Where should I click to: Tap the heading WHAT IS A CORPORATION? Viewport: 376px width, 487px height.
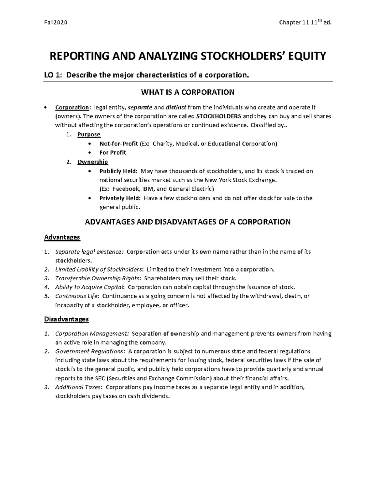188,92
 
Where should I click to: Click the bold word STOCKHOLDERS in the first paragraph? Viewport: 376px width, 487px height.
219,116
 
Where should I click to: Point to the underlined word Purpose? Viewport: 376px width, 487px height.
89,135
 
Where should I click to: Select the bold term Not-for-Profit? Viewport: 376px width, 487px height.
119,144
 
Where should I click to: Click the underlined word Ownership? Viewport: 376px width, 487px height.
93,162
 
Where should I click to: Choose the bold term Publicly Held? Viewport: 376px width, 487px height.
118,171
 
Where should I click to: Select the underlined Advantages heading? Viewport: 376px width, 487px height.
62,237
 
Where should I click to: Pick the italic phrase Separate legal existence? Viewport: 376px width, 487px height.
89,252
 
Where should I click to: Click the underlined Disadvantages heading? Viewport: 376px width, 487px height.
66,319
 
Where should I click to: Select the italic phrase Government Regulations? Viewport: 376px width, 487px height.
89,351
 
